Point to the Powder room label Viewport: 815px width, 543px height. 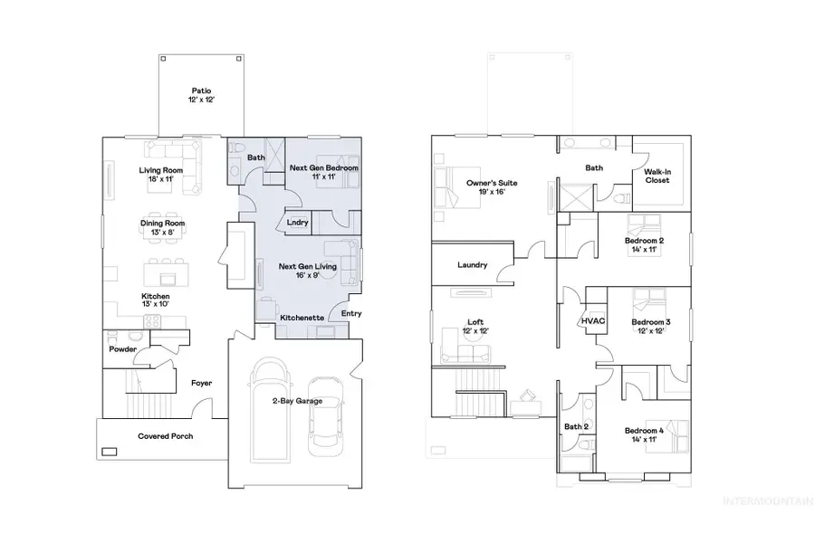[122, 348]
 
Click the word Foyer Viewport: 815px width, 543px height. [201, 383]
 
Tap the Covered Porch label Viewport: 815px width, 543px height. [165, 435]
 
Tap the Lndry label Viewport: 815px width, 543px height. [297, 222]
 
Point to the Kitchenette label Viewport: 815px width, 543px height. [302, 318]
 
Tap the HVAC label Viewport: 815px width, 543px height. [592, 322]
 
